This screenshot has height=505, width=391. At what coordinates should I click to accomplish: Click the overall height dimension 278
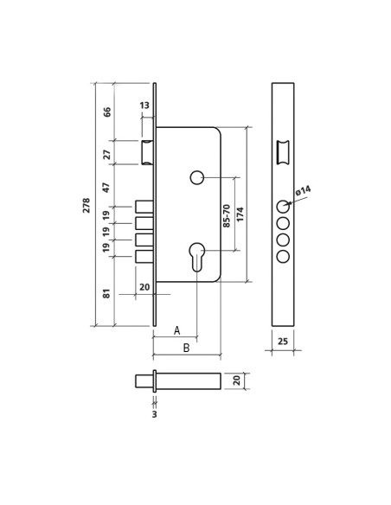87,205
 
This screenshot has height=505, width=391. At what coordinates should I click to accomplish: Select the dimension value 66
107,112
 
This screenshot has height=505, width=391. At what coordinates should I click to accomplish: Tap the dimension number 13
144,105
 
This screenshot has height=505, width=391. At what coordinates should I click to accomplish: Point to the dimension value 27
107,154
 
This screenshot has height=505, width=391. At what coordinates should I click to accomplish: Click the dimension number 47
107,187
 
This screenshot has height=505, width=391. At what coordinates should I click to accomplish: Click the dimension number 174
240,214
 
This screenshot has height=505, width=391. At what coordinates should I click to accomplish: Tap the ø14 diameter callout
303,191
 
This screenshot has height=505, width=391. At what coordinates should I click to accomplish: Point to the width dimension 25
283,342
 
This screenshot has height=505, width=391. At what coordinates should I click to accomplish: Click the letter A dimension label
176,330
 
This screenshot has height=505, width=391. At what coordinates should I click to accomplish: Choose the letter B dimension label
185,348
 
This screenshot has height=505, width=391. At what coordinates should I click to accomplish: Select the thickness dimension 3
154,414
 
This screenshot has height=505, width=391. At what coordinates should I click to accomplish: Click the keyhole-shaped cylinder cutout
197,255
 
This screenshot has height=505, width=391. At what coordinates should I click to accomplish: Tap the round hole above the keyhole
197,177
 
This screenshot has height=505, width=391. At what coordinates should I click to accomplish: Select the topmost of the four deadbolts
144,207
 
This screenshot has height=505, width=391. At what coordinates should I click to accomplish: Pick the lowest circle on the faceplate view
283,256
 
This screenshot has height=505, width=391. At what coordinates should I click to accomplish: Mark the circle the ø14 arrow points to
283,207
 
